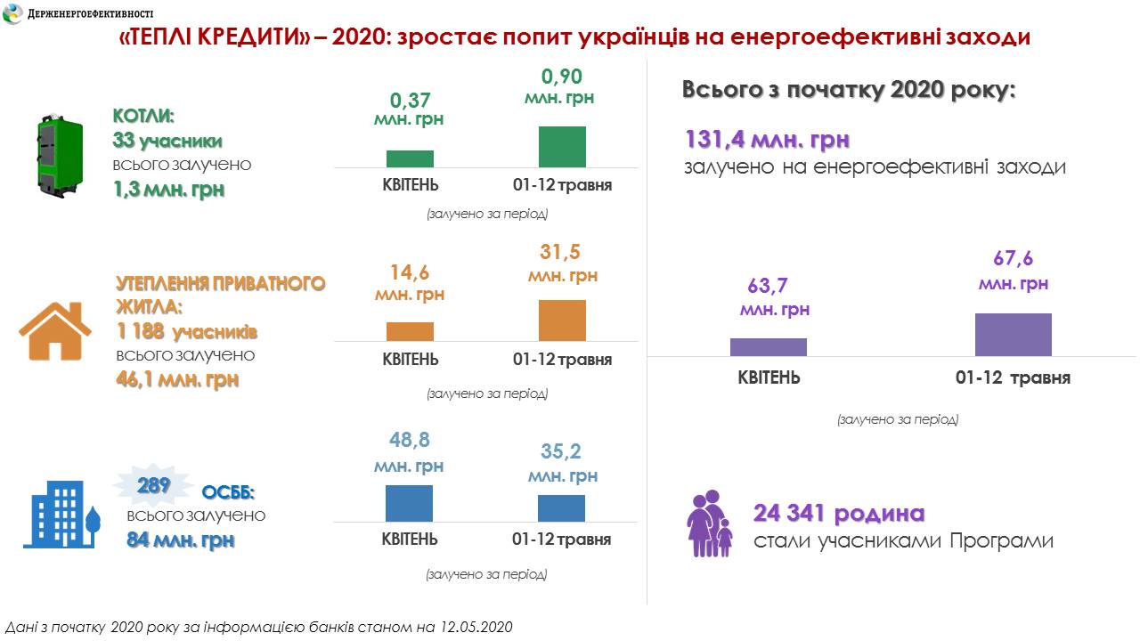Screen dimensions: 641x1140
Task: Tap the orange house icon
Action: point(55,331)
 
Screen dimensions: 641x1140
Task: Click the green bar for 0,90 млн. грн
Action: point(562,147)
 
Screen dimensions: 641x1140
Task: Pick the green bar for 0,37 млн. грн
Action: point(410,158)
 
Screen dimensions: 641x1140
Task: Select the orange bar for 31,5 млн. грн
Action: point(562,320)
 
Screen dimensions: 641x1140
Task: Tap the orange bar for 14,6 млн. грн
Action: point(410,331)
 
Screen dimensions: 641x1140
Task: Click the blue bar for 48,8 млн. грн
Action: point(409,503)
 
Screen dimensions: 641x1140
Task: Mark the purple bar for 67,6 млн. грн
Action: point(1013,335)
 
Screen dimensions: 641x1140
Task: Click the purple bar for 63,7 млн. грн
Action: point(768,347)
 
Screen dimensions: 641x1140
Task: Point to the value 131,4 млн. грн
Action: point(767,140)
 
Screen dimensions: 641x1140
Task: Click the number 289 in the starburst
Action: point(153,486)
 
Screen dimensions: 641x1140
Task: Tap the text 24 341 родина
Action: point(839,514)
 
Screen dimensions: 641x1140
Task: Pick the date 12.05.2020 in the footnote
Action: point(476,627)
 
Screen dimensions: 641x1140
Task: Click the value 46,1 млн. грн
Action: point(177,379)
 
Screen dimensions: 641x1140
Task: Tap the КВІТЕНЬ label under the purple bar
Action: point(769,377)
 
